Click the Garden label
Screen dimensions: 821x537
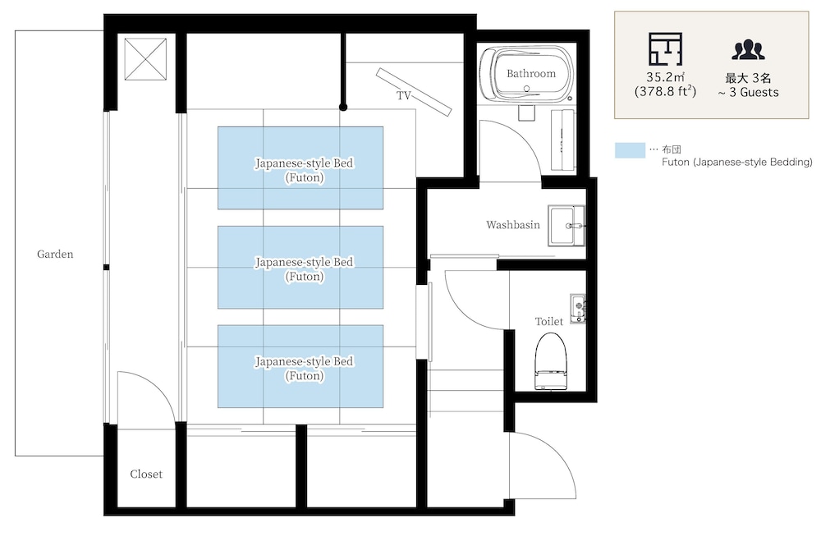pyautogui.click(x=55, y=254)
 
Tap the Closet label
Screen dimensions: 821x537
pyautogui.click(x=146, y=474)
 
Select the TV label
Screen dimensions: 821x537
pyautogui.click(x=404, y=95)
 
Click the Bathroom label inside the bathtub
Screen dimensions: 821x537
pyautogui.click(x=531, y=73)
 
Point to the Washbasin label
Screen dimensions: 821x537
pyautogui.click(x=512, y=225)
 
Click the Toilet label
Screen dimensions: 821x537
pyautogui.click(x=548, y=321)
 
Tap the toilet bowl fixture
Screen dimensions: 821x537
pyautogui.click(x=551, y=361)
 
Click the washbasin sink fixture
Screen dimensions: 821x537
pyautogui.click(x=566, y=225)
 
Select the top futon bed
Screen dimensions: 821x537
pyautogui.click(x=300, y=168)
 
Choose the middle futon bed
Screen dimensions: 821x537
pyautogui.click(x=300, y=267)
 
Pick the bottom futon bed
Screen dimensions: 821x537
pyautogui.click(x=300, y=366)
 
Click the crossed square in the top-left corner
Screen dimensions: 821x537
pyautogui.click(x=145, y=59)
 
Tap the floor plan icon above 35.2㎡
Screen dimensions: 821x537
pyautogui.click(x=666, y=48)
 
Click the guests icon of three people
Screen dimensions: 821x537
pyautogui.click(x=748, y=49)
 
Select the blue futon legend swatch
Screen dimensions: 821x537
pyautogui.click(x=630, y=150)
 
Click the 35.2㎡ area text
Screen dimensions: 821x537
pyautogui.click(x=666, y=77)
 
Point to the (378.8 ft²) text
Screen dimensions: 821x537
pyautogui.click(x=666, y=91)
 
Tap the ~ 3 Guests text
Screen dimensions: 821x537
pyautogui.click(x=748, y=92)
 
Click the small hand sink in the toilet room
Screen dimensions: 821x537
pyautogui.click(x=578, y=308)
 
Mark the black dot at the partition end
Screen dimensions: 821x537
pyautogui.click(x=343, y=107)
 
